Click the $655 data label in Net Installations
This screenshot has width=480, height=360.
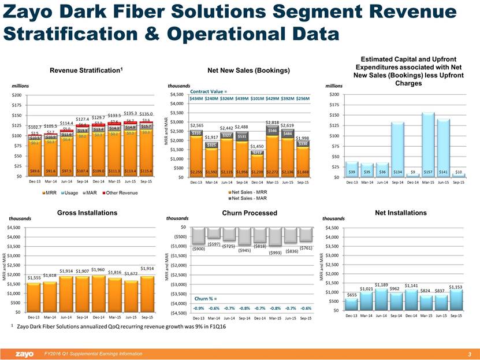(351, 295)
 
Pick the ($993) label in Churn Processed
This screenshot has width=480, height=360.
(276, 252)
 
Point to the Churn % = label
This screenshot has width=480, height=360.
(206, 299)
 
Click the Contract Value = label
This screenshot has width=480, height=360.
(208, 91)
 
